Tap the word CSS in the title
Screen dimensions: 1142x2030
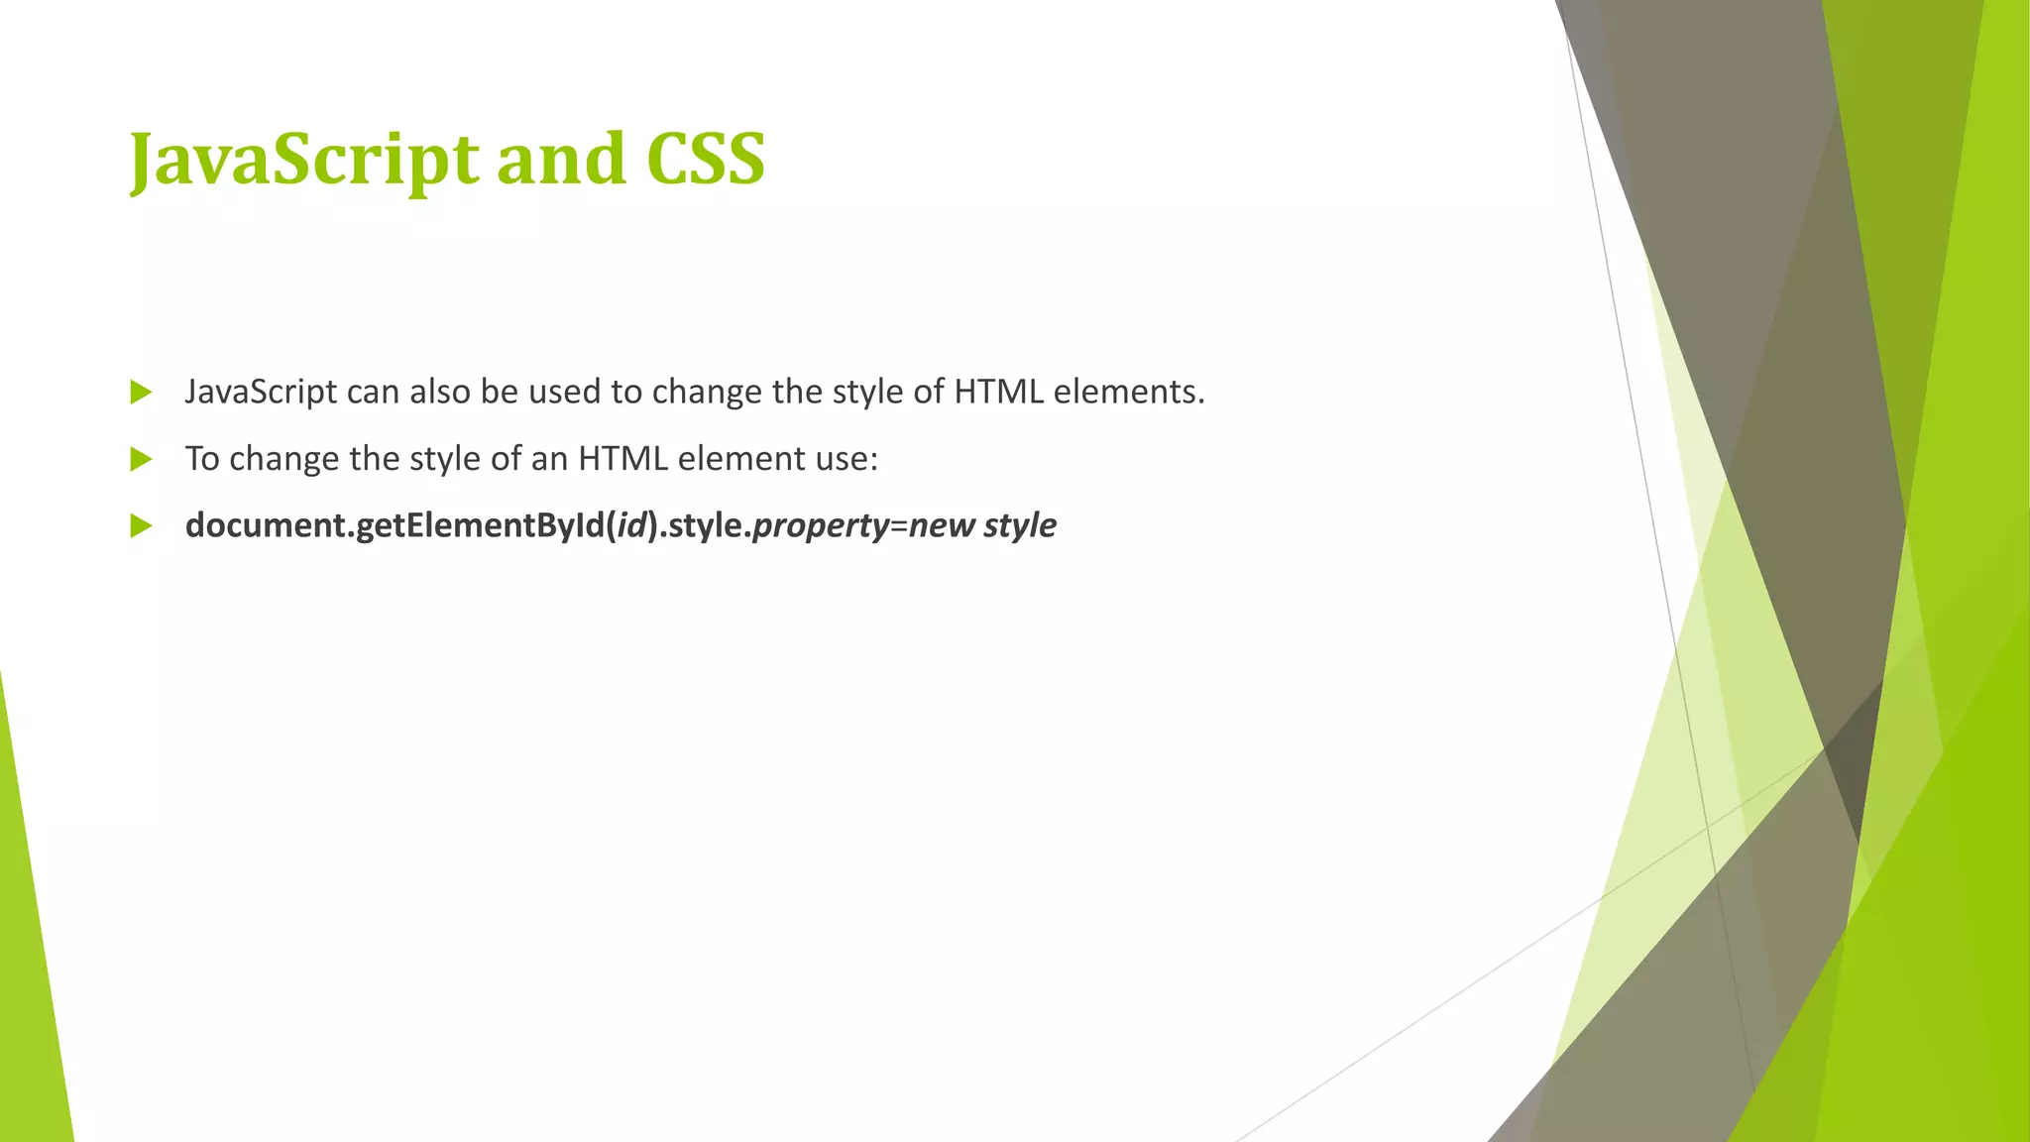(x=705, y=160)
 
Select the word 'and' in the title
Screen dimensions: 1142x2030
(x=560, y=160)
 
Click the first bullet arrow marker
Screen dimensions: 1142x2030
(x=141, y=393)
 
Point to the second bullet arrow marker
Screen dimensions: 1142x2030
(x=141, y=459)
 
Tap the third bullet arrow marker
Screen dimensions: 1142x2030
(x=141, y=525)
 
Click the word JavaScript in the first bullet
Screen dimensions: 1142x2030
(x=261, y=393)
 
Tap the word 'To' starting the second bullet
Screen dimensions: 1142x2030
(x=202, y=459)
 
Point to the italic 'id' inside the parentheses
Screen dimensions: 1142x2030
(x=631, y=525)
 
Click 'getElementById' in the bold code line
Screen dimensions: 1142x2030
(x=480, y=525)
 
